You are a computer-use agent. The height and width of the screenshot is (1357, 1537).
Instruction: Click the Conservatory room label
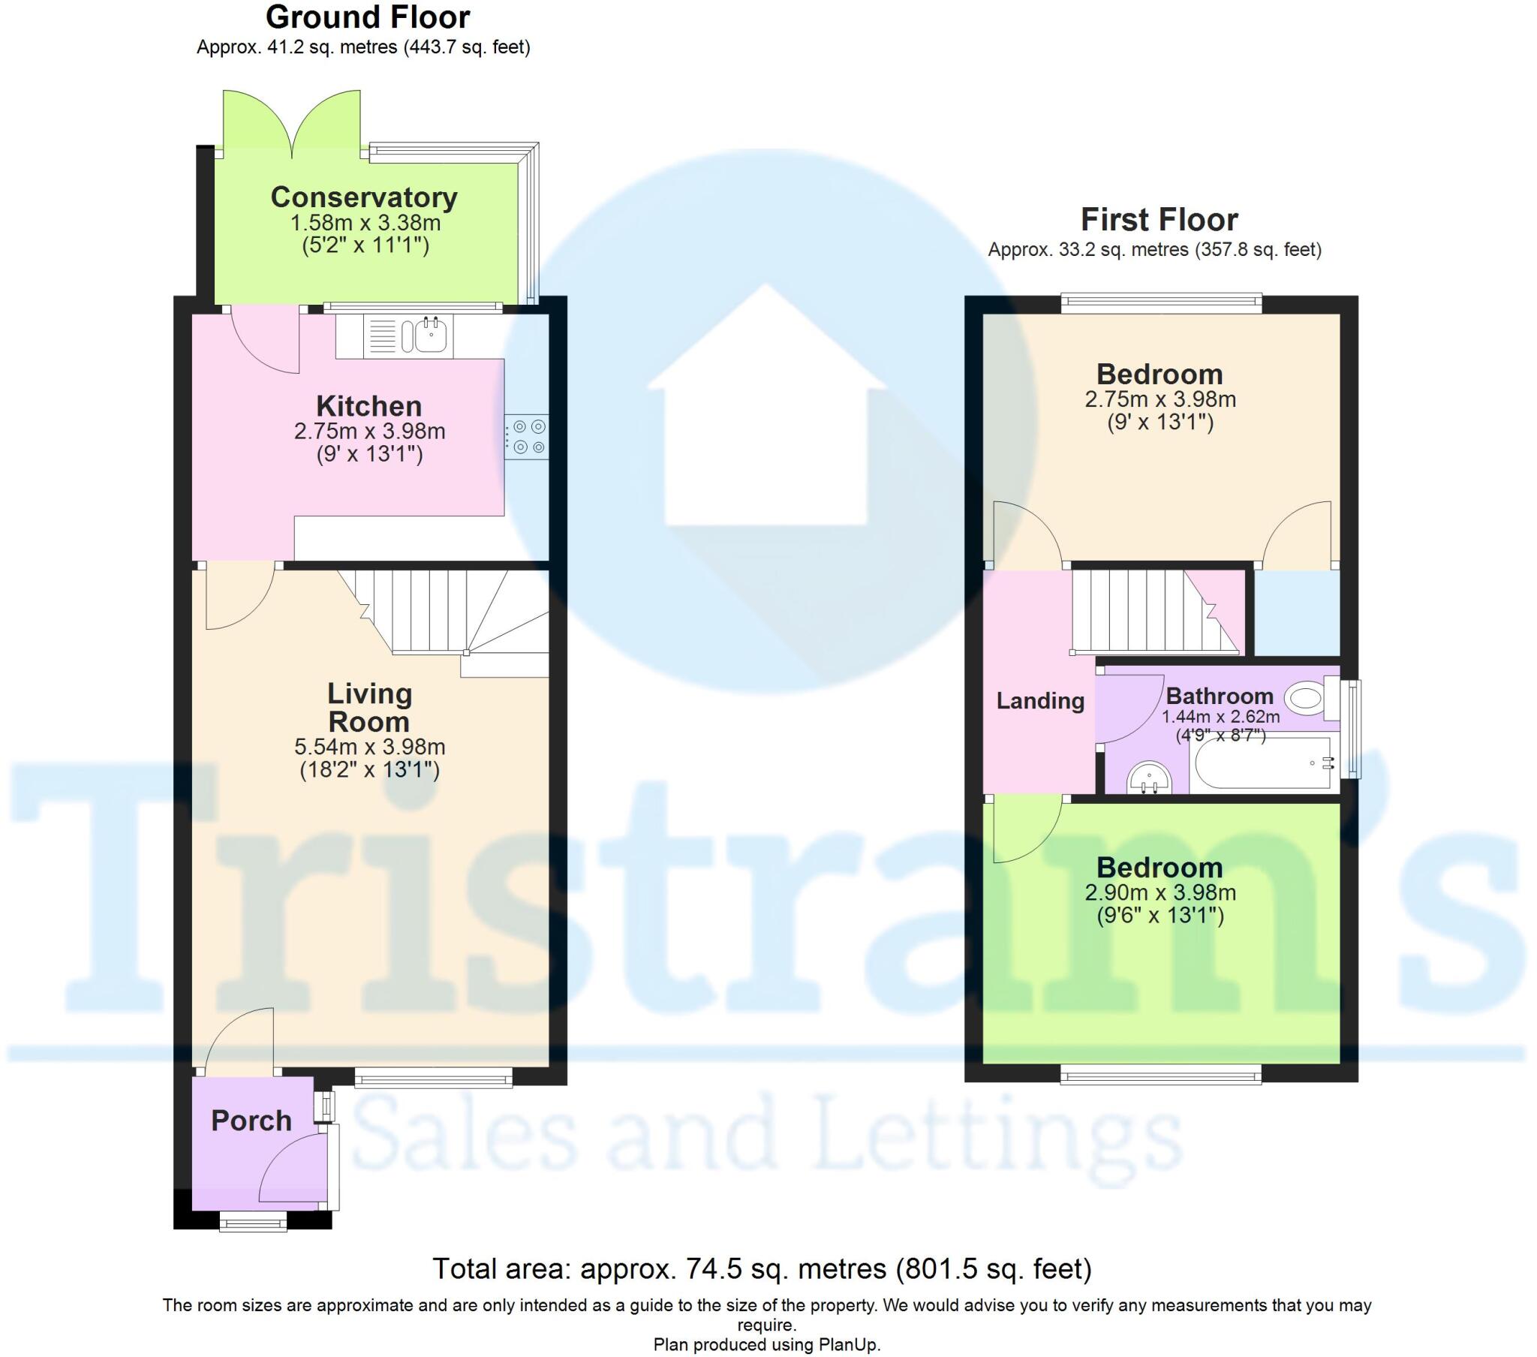(364, 198)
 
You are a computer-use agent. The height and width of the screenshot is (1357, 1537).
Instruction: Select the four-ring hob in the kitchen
(527, 437)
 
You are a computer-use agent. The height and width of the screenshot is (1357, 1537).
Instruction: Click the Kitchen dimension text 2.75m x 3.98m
(369, 432)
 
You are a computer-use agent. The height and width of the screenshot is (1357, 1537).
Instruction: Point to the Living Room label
(369, 708)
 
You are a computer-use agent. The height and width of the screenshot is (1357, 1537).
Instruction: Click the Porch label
(251, 1121)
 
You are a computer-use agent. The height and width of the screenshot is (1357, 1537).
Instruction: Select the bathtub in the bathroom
(1263, 763)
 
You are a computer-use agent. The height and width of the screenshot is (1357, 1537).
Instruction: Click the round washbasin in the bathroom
(1149, 778)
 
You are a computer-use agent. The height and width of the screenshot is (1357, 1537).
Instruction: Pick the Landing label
(1040, 701)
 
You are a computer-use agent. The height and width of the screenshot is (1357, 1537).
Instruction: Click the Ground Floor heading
(368, 17)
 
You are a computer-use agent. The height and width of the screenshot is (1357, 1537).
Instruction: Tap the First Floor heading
(1159, 220)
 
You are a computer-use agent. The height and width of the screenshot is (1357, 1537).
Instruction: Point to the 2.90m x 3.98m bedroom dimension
(1160, 893)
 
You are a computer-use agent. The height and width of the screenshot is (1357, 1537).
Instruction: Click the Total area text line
(762, 1269)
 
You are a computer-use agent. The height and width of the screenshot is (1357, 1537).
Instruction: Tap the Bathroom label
(1219, 696)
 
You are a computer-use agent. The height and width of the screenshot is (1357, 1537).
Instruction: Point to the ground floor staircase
(444, 613)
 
